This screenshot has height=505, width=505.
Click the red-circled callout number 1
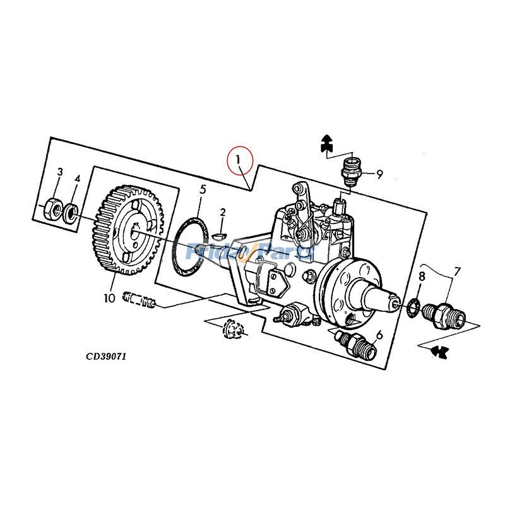(239, 160)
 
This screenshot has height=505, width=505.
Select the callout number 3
(60, 172)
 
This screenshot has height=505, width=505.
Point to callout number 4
(77, 179)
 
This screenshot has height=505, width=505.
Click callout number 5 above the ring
(203, 189)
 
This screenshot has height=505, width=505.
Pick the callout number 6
(379, 335)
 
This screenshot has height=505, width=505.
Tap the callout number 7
(457, 271)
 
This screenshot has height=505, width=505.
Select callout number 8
(422, 276)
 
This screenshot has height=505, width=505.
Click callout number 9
(379, 175)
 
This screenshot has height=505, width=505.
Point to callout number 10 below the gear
(109, 297)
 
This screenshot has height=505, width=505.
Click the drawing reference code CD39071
(107, 356)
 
